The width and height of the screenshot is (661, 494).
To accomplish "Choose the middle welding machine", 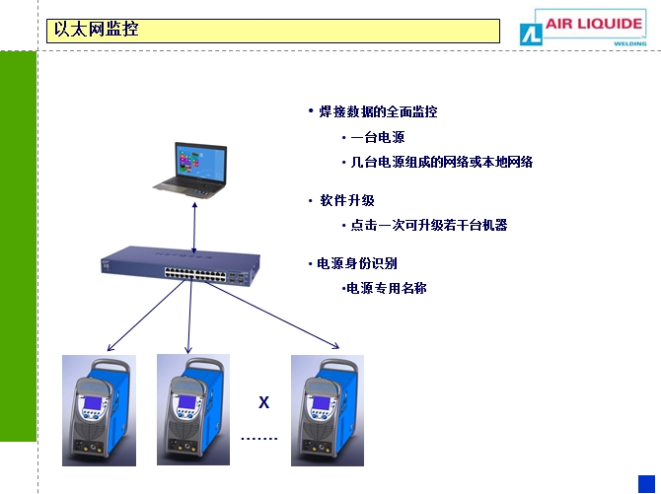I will (x=192, y=408).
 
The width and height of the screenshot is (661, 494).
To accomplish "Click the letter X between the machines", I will (x=263, y=402).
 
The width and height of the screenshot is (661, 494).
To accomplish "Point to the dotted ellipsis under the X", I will (x=259, y=437).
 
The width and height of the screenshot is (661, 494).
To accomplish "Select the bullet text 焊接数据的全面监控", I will (x=378, y=111).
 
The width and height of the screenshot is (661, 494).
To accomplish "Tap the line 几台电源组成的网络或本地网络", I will (x=441, y=162).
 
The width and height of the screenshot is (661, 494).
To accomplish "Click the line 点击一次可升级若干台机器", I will (x=428, y=225).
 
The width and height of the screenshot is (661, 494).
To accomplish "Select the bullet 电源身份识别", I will (x=356, y=263).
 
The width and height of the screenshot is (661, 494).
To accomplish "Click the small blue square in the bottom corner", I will (x=646, y=480).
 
